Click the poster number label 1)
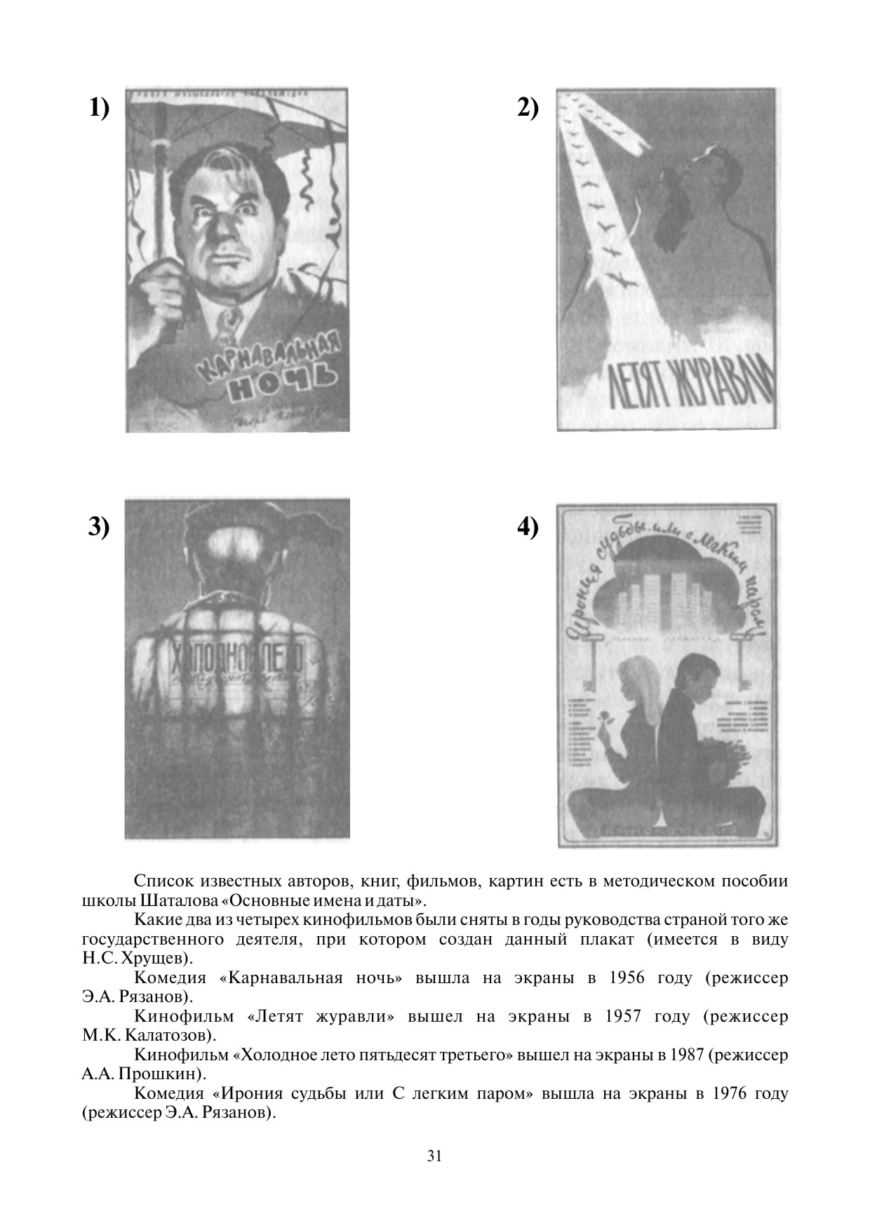99,109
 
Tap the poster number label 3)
99,527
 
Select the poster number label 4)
528,527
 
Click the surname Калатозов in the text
166,1035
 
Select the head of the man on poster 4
698,675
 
